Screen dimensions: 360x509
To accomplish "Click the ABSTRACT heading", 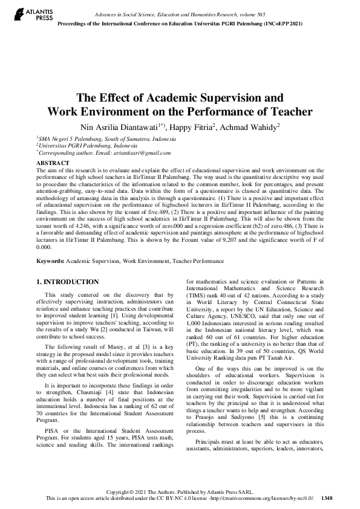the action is (52, 163).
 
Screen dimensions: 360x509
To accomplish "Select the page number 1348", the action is (327, 498).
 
